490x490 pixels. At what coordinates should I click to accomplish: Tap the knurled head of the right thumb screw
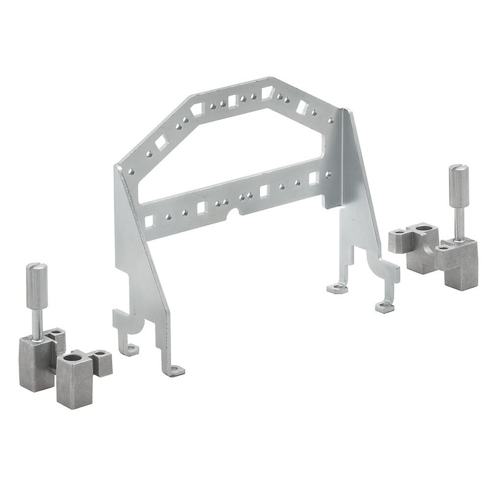coord(459,180)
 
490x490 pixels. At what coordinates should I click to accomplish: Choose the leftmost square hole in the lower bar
coord(149,221)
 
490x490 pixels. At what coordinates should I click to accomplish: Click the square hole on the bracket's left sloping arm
coord(161,144)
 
